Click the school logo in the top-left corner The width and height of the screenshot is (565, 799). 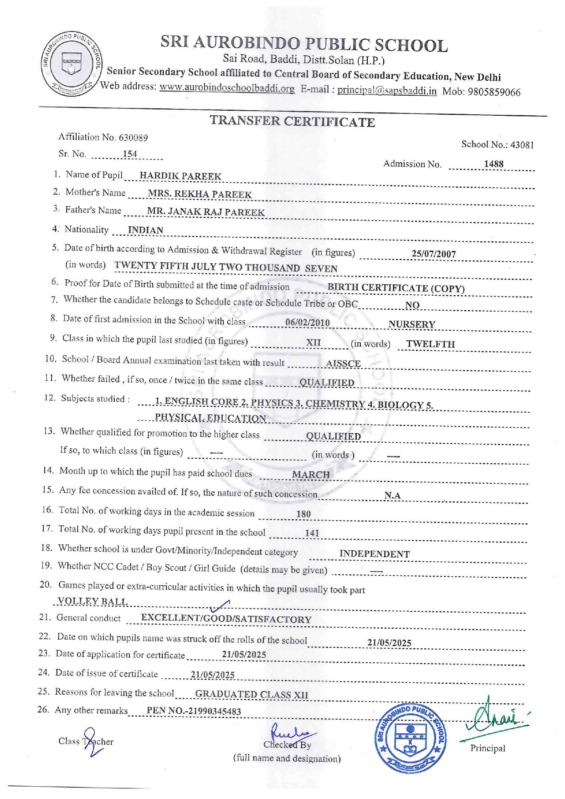(x=72, y=64)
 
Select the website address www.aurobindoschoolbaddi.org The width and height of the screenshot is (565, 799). (x=226, y=88)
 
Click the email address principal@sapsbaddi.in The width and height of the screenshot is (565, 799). (x=387, y=90)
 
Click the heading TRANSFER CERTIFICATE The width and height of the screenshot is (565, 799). (x=292, y=121)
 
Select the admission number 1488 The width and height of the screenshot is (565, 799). (x=493, y=164)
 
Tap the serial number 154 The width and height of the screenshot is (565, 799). (x=130, y=154)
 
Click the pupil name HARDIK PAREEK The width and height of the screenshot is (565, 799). (x=180, y=176)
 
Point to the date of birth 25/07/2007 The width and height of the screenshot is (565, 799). (x=433, y=254)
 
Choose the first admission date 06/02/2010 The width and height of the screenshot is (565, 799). (x=307, y=323)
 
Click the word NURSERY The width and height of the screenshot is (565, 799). (x=411, y=324)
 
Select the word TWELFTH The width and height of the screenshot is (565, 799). (x=430, y=344)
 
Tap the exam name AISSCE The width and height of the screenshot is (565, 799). (x=344, y=364)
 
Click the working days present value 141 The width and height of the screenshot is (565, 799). (x=312, y=533)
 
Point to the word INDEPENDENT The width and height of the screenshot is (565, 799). (x=375, y=554)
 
